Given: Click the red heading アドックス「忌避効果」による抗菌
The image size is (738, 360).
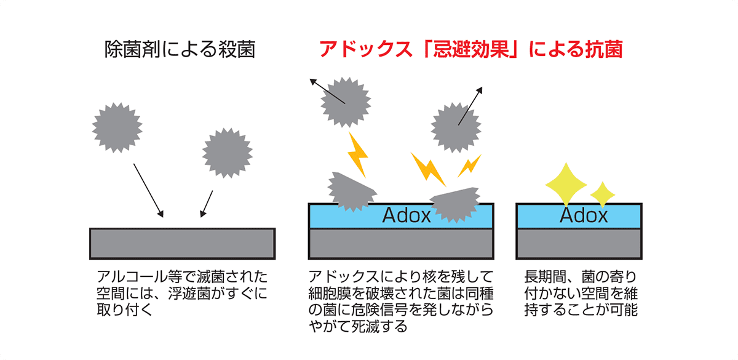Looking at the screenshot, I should [x=470, y=50].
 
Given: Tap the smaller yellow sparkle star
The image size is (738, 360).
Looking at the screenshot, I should [x=603, y=193].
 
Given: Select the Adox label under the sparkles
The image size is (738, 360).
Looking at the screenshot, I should [x=584, y=215].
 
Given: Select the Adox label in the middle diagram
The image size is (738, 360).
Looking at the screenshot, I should [x=407, y=215].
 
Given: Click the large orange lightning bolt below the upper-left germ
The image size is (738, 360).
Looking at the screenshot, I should [x=357, y=154].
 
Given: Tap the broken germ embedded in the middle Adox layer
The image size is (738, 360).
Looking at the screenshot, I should [x=456, y=202].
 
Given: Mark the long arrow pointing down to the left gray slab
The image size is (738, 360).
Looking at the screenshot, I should [x=148, y=190].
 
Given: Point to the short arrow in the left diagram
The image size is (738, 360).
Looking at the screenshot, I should [x=206, y=204].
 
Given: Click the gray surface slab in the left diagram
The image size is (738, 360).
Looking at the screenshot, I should [x=182, y=243].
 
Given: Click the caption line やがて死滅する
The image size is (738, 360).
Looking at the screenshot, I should [x=358, y=327].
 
